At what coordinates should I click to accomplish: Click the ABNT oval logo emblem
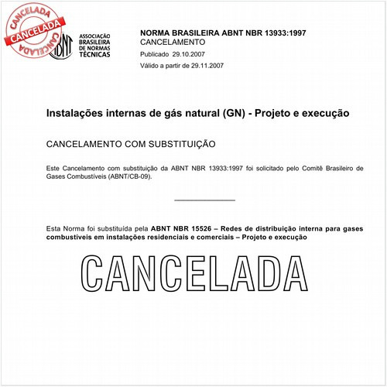click(63, 47)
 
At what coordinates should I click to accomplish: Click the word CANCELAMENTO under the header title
click(173, 43)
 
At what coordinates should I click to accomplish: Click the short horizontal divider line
click(204, 200)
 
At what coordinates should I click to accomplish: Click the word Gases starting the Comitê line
click(58, 177)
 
